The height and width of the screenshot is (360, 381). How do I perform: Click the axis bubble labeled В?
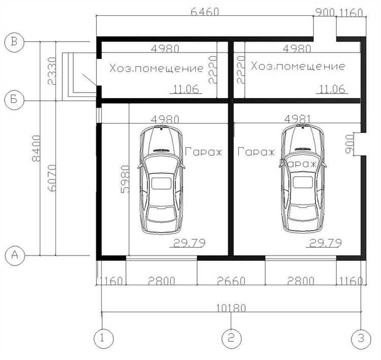[x=14, y=42]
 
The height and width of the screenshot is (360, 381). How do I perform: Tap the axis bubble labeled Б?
[x=14, y=100]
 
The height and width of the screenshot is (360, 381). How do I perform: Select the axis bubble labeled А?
[x=15, y=255]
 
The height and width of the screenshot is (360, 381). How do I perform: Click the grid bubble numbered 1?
[x=104, y=338]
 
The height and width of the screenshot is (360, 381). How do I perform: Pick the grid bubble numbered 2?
[x=232, y=338]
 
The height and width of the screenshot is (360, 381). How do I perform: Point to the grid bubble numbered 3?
[x=361, y=338]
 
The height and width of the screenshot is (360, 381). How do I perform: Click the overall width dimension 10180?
[x=231, y=308]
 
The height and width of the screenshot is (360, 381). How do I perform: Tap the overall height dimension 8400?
[x=37, y=148]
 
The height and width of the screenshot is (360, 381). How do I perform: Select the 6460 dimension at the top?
[x=205, y=12]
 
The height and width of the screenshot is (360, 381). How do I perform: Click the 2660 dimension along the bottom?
[x=231, y=281]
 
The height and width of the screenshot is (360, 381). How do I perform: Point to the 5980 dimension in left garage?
[x=125, y=179]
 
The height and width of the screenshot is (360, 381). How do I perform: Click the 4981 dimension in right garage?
[x=297, y=119]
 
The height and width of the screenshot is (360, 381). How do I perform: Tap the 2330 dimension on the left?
[x=52, y=71]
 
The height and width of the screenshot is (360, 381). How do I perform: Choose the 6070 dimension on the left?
[x=52, y=178]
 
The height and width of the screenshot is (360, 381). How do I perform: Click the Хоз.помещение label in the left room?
[x=156, y=68]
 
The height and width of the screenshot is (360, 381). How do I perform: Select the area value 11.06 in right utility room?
[x=332, y=89]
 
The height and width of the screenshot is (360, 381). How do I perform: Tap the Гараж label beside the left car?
[x=204, y=152]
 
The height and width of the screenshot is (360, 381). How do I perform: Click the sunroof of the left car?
[x=161, y=183]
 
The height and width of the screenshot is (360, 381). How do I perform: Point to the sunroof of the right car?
[x=303, y=182]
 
